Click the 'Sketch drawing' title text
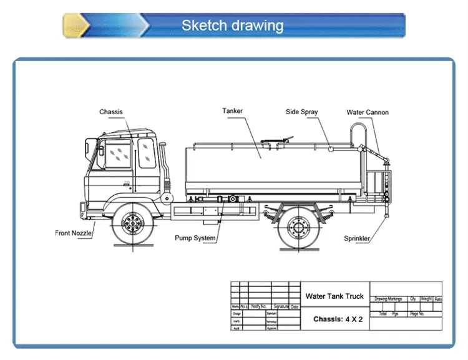[232, 26]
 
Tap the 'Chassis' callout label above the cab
[111, 112]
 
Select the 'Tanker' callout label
[232, 111]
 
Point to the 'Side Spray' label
[301, 112]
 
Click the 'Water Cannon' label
[368, 112]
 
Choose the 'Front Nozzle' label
[73, 233]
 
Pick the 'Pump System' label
[195, 238]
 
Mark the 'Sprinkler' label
[357, 238]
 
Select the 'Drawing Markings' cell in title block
[388, 299]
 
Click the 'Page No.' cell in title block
[417, 314]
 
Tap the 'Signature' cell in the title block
[280, 307]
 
